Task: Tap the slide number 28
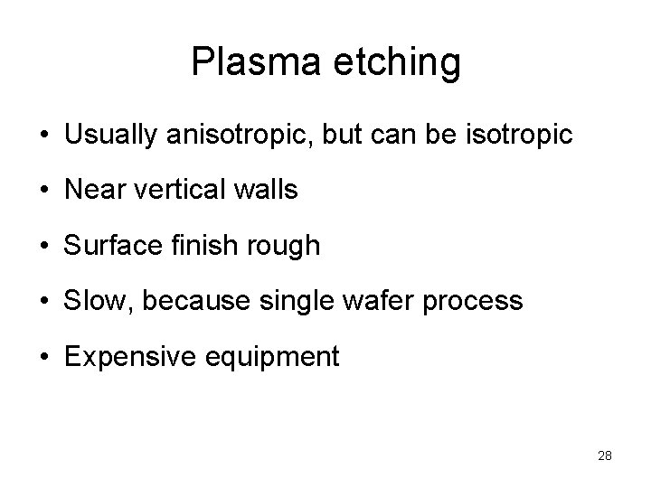[x=605, y=455]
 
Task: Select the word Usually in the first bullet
[x=108, y=136]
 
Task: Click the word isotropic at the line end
[x=517, y=136]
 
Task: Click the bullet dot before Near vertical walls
[x=44, y=192]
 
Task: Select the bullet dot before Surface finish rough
[x=44, y=247]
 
